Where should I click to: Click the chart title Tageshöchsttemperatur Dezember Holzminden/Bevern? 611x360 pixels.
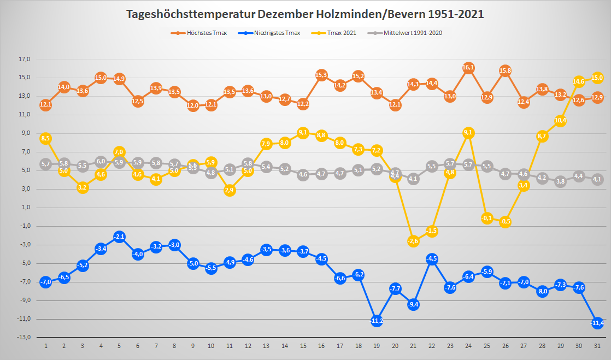[305, 14]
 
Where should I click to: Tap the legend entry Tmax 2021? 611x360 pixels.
[337, 33]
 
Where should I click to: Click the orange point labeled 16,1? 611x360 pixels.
[468, 68]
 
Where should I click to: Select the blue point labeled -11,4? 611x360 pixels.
[597, 323]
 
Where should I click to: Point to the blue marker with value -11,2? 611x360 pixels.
[377, 321]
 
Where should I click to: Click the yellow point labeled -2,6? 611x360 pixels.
[413, 241]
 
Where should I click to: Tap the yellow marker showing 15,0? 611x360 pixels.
[597, 78]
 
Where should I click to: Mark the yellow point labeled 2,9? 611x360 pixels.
[230, 190]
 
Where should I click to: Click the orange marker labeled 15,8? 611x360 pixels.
[505, 70]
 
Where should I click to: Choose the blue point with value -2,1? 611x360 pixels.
[119, 236]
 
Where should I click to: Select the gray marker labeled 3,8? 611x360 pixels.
[560, 181]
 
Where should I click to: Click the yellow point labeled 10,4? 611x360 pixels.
[560, 121]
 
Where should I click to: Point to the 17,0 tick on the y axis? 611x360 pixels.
[25, 59]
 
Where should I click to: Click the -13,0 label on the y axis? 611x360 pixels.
[24, 338]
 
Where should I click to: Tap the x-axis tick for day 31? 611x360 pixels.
[597, 346]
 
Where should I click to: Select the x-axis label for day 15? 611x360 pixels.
[303, 346]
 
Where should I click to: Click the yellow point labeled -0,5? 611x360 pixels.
[505, 222]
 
